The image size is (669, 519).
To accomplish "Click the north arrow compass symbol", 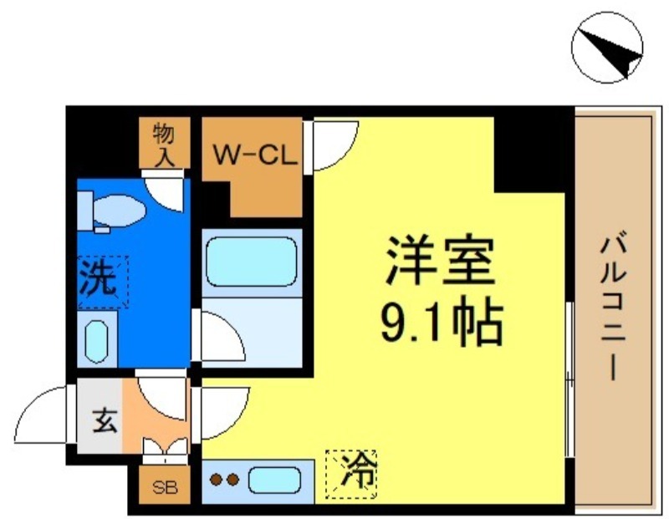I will [609, 48].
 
